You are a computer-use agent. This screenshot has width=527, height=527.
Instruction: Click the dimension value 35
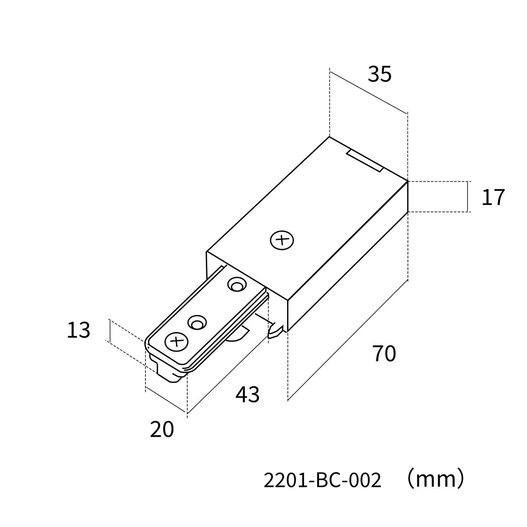click(x=379, y=74)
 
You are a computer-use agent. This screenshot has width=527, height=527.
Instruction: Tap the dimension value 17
click(x=493, y=197)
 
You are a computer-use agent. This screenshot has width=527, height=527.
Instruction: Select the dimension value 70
click(x=384, y=353)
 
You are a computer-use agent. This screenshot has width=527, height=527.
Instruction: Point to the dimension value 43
click(x=247, y=395)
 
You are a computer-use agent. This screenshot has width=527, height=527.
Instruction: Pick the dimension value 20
click(x=162, y=429)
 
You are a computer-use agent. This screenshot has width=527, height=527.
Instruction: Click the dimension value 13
click(x=78, y=330)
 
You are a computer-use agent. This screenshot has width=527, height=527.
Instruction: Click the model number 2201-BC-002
click(x=322, y=480)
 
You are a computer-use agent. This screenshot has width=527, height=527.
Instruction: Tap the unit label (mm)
click(x=436, y=480)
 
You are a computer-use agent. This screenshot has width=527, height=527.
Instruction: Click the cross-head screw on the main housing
click(x=282, y=241)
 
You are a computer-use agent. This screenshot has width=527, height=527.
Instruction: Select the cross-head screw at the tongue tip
click(x=176, y=341)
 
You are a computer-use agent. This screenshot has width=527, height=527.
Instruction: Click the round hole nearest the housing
click(x=237, y=285)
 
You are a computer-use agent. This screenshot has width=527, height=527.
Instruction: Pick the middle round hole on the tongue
click(x=197, y=323)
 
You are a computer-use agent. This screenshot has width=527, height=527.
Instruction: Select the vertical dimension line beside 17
click(x=468, y=197)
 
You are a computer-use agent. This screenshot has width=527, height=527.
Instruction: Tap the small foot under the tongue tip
click(x=171, y=376)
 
